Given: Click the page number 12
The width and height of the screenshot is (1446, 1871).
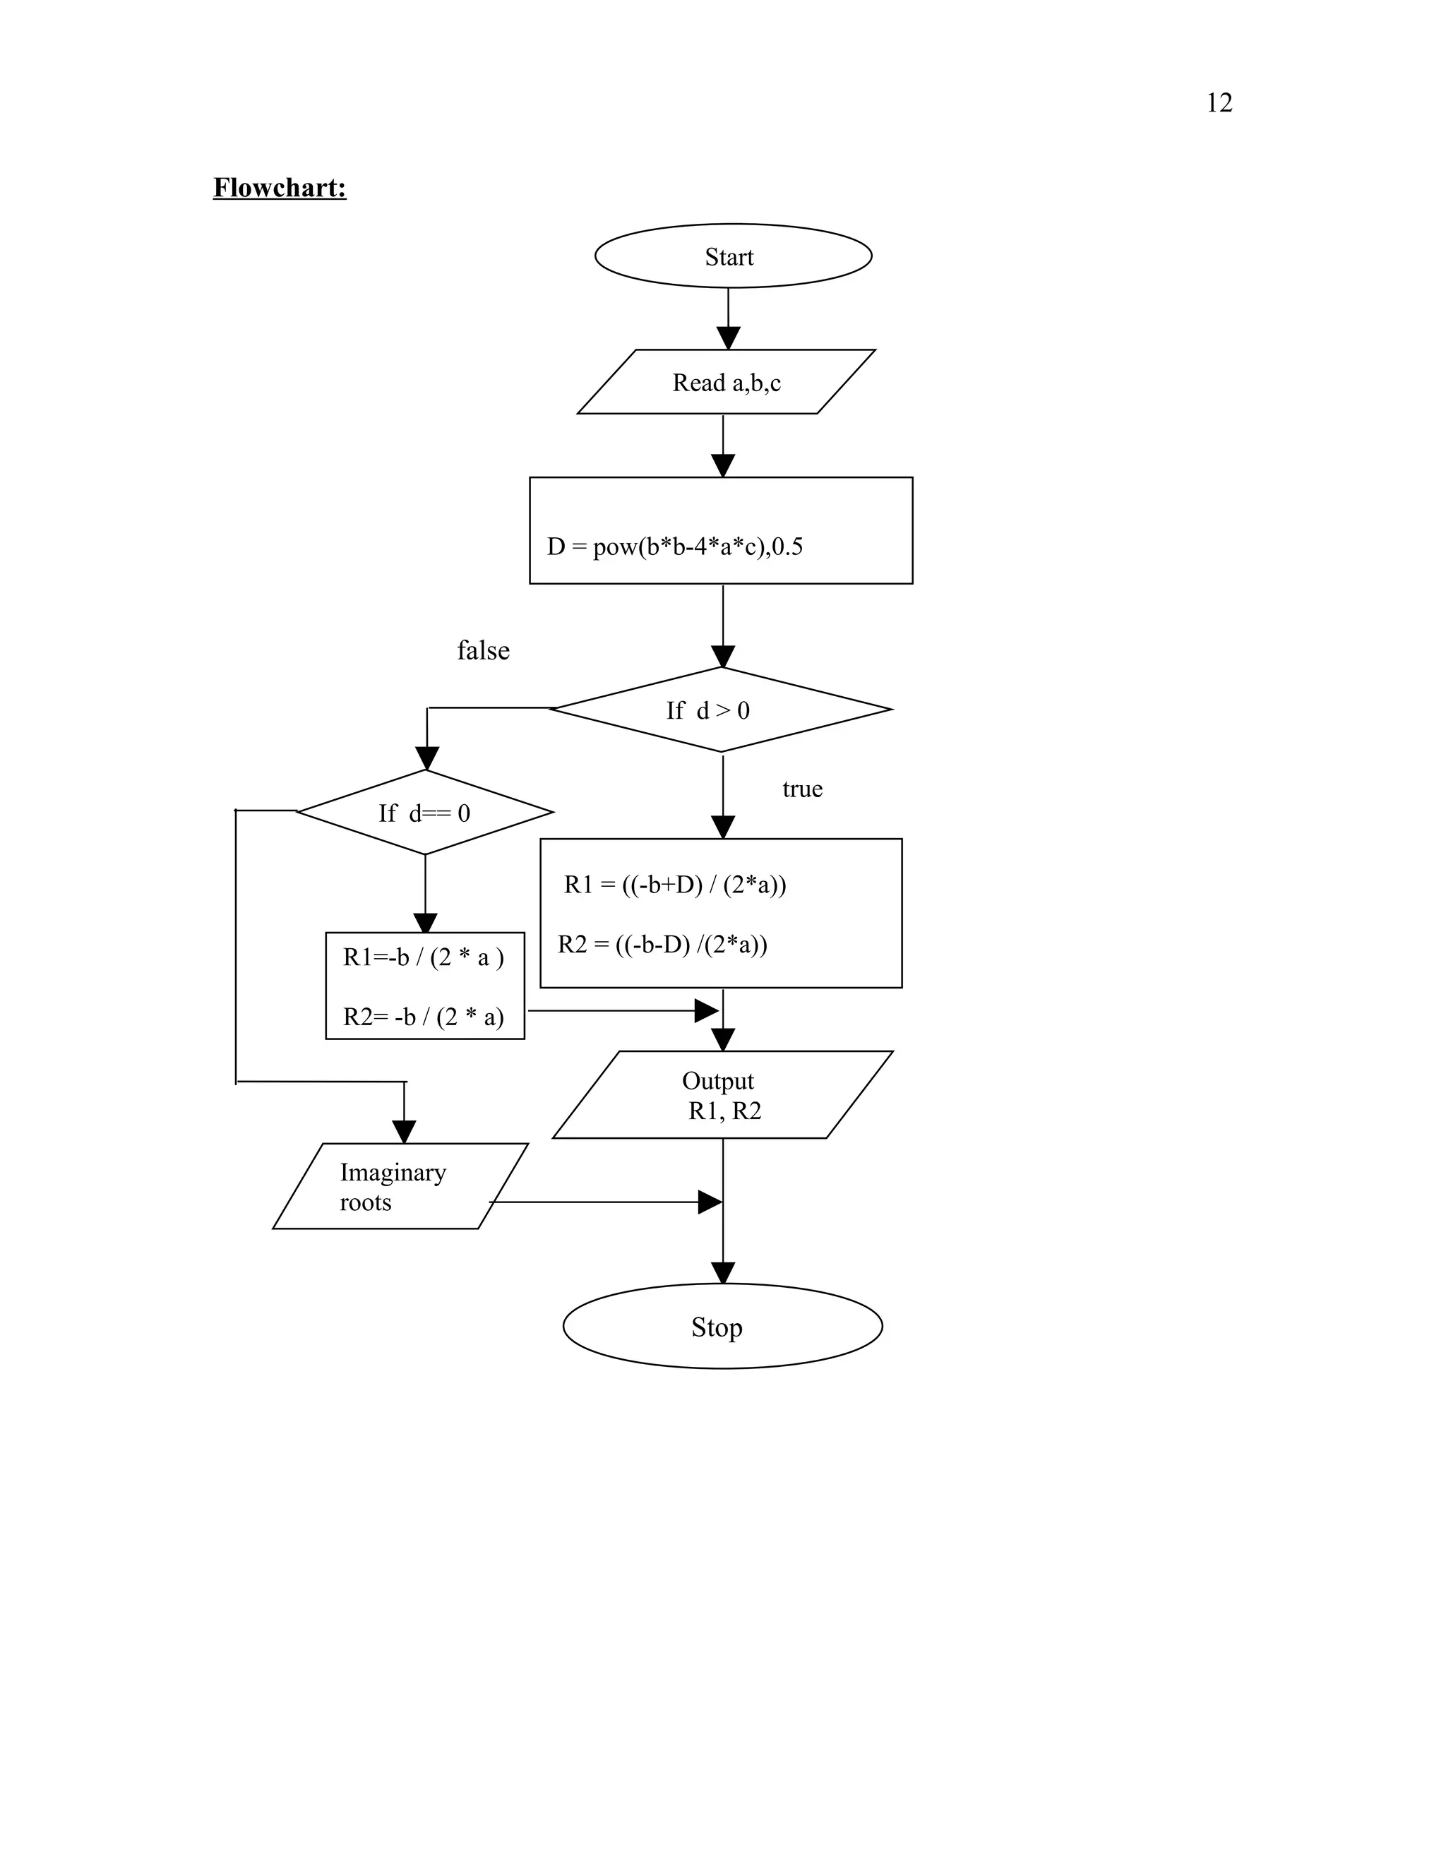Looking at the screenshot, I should pyautogui.click(x=1218, y=103).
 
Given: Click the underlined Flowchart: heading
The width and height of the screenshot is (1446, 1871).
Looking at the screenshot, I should pyautogui.click(x=280, y=188).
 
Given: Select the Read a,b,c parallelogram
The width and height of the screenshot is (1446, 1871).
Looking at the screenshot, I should pyautogui.click(x=726, y=382).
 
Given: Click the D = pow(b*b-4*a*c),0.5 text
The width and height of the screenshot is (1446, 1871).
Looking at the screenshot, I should pyautogui.click(x=675, y=546).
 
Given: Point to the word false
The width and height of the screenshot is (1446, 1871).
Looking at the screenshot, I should pyautogui.click(x=483, y=650).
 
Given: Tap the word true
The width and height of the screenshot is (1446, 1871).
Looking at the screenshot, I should pyautogui.click(x=802, y=789).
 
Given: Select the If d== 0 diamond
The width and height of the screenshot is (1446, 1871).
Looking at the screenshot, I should pyautogui.click(x=425, y=813).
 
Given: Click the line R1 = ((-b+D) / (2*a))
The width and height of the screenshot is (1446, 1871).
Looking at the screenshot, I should pyautogui.click(x=675, y=884).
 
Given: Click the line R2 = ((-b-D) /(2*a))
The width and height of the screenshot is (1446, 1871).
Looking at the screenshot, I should pyautogui.click(x=662, y=944).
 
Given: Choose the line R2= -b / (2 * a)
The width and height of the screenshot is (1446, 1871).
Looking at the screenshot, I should pyautogui.click(x=423, y=1017).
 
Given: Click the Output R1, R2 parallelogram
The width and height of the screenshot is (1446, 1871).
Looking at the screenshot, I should pyautogui.click(x=722, y=1095).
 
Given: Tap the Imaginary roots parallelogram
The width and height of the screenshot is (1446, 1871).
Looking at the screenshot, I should pyautogui.click(x=398, y=1187).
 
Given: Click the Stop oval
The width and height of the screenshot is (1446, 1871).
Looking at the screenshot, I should pyautogui.click(x=722, y=1327).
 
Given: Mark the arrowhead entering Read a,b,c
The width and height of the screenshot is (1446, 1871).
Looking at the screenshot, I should pyautogui.click(x=728, y=338).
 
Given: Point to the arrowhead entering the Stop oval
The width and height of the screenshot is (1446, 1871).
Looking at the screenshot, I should pyautogui.click(x=723, y=1273).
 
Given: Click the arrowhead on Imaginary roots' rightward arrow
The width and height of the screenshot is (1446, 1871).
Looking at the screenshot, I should pyautogui.click(x=710, y=1202).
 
